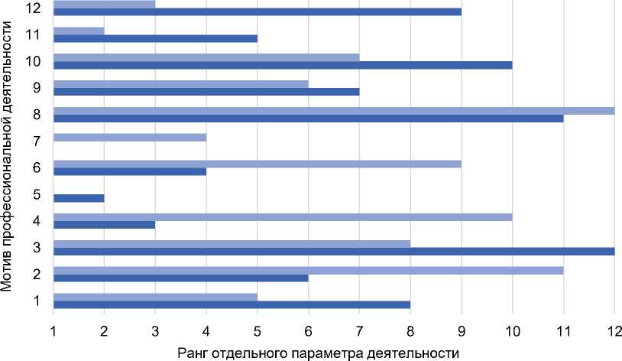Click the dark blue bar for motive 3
(334, 251)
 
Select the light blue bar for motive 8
(334, 110)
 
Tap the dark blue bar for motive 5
(79, 198)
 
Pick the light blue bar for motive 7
(130, 137)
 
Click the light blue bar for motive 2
(309, 269)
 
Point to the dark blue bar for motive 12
(258, 12)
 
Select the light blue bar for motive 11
(79, 31)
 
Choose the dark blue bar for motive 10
(283, 65)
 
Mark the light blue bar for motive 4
(283, 216)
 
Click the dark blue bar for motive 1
(232, 304)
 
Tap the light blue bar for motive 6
(258, 163)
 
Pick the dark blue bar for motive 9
(206, 92)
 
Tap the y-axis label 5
(36, 194)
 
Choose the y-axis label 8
(36, 115)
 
